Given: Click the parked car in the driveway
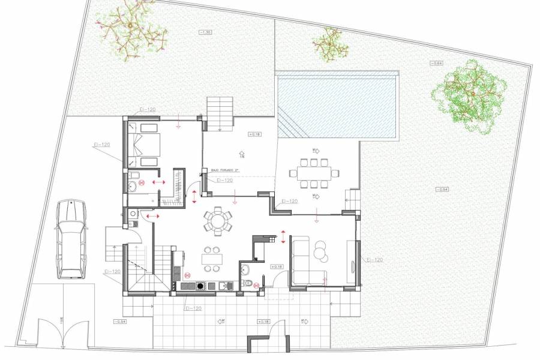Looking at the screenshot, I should point(71,239).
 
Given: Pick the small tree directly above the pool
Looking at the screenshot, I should point(329,46).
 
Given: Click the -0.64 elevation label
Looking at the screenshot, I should point(435,63).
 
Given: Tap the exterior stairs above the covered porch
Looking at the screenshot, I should point(220,112).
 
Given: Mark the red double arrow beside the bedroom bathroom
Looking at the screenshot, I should point(159,181).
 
